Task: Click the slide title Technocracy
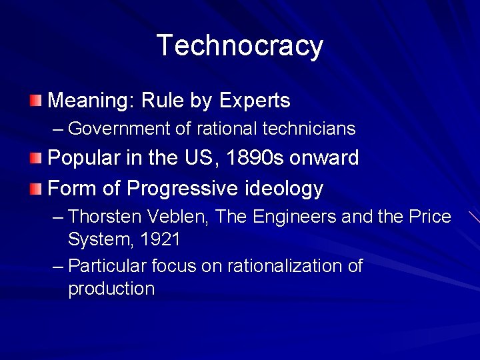coord(240,45)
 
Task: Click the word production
coord(111,289)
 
